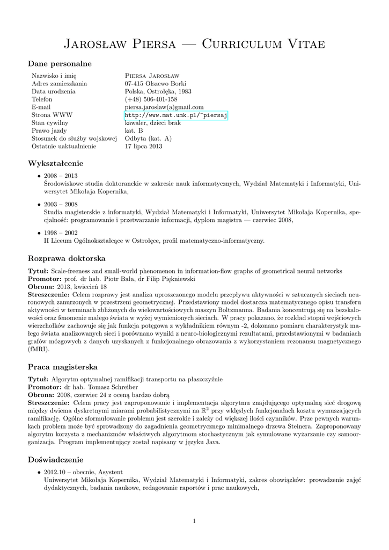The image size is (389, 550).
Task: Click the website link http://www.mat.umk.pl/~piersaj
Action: (177, 115)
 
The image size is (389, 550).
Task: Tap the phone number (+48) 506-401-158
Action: (151, 99)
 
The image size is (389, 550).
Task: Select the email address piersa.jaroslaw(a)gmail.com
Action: (164, 107)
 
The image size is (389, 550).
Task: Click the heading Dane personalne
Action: (60, 64)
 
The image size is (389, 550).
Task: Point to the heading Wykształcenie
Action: (56, 163)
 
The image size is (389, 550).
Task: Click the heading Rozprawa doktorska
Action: (67, 258)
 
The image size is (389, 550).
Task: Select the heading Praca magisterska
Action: (62, 367)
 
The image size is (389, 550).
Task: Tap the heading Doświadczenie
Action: (56, 460)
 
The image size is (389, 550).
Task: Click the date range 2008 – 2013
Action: (61, 176)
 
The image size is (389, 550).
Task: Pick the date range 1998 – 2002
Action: (61, 233)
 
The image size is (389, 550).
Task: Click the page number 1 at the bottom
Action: (194, 520)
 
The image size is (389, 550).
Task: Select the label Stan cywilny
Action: (50, 123)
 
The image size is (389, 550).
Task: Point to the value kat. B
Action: (134, 131)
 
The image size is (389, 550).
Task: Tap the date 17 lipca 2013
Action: (143, 146)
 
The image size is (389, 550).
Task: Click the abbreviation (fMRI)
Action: (39, 349)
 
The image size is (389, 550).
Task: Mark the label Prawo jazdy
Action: (49, 131)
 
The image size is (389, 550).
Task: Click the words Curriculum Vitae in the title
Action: (263, 44)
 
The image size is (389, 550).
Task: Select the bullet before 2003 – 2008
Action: (39, 205)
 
